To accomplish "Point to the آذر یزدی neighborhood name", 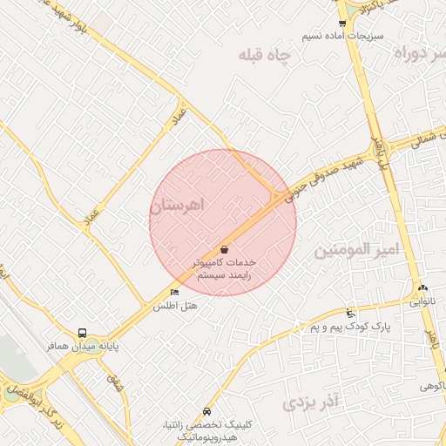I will click(310, 402).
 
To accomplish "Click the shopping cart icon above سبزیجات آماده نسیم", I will click(342, 24).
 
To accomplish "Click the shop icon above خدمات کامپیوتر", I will click(225, 248).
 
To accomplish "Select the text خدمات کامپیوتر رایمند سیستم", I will click(224, 267).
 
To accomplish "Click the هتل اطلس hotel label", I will click(175, 306).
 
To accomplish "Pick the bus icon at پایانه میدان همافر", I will click(82, 332).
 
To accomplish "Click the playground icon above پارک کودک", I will click(350, 313).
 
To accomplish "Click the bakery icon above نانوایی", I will click(422, 288).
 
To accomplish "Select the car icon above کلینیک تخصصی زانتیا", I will click(206, 411).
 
